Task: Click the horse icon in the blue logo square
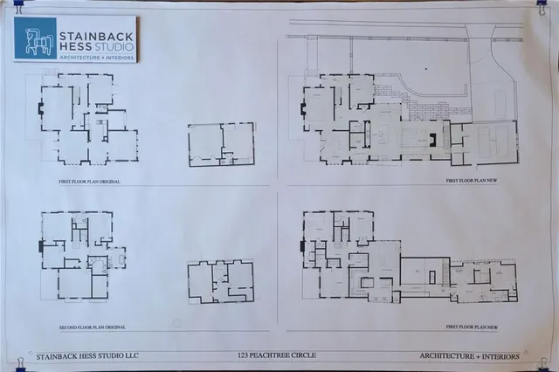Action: tap(35, 38)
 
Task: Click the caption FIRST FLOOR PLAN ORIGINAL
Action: tap(84, 181)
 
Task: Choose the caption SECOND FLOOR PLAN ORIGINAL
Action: tap(84, 327)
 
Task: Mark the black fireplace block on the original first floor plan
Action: tap(40, 109)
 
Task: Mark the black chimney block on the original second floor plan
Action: tap(39, 247)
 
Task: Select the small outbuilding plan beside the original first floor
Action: tap(221, 144)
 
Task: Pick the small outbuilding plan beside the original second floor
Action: tap(220, 282)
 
